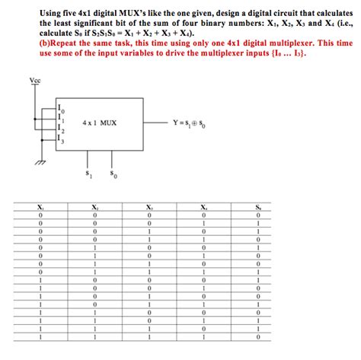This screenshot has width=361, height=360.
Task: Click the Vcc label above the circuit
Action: (x=35, y=81)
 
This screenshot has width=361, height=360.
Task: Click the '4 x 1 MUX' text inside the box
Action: (x=100, y=122)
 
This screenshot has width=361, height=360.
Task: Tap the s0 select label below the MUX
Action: (x=113, y=175)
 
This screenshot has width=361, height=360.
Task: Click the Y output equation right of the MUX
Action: (x=192, y=121)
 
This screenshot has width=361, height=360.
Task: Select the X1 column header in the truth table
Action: (x=40, y=208)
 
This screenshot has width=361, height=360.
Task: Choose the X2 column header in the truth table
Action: (x=94, y=208)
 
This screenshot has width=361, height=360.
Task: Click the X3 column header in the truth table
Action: (x=149, y=208)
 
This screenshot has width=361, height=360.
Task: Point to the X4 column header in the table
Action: (x=203, y=208)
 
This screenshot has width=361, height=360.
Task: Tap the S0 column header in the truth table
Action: (x=258, y=208)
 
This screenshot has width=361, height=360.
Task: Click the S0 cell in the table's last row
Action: (x=258, y=337)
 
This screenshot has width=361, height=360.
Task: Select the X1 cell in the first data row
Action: (x=40, y=216)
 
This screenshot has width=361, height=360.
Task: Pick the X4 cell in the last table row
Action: (x=203, y=337)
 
